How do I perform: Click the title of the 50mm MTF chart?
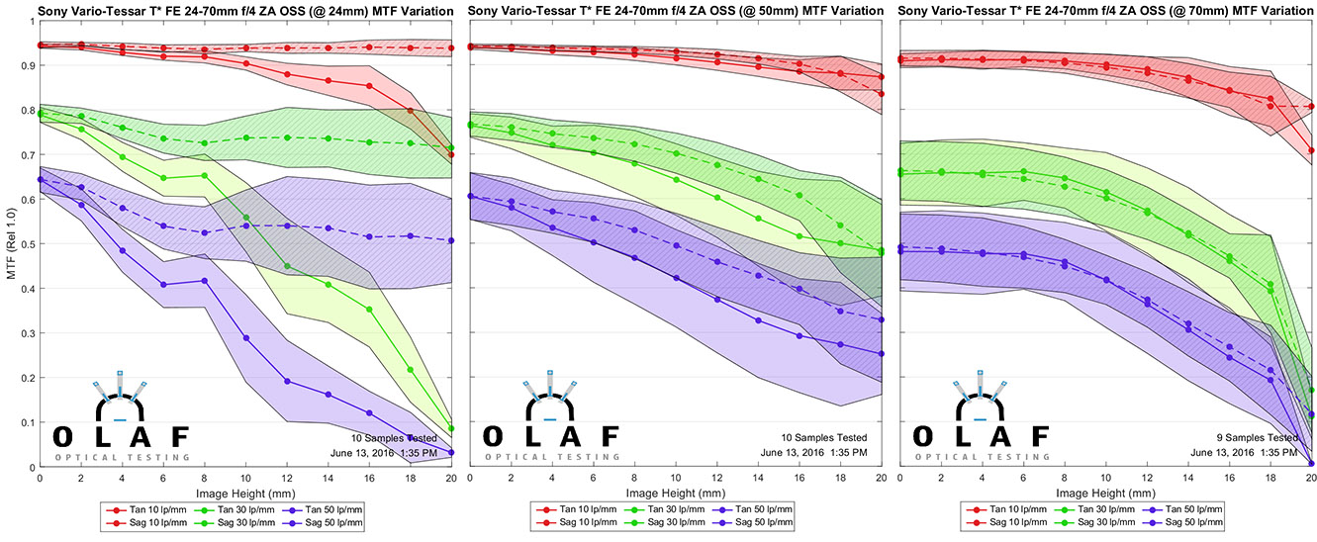[676, 12]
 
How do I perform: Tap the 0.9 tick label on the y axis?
[29, 65]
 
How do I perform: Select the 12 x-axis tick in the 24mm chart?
[287, 478]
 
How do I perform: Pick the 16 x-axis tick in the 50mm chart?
[800, 478]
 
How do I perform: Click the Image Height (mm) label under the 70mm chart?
[1105, 492]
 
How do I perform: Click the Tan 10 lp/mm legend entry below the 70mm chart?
[1003, 509]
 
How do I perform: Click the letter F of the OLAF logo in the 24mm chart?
[178, 436]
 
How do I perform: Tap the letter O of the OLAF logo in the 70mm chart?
[920, 436]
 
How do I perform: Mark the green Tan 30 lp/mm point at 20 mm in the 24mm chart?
[451, 428]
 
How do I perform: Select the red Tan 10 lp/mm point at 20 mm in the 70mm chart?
[1311, 151]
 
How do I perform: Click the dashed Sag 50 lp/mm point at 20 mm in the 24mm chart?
[451, 240]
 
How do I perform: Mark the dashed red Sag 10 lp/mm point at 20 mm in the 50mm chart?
[881, 94]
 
